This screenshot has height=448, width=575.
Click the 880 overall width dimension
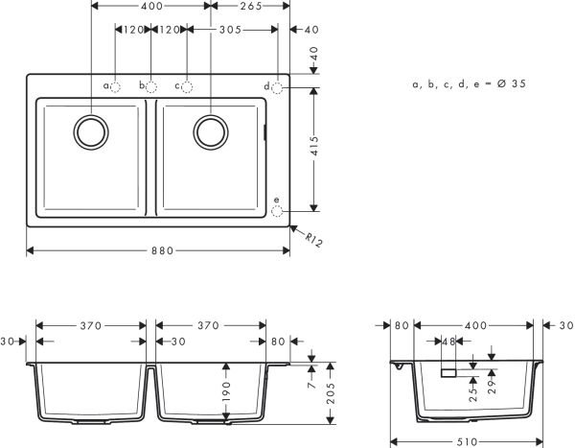162,251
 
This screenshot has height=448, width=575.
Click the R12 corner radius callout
311,238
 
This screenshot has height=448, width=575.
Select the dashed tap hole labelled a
116,86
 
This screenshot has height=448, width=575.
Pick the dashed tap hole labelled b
151,86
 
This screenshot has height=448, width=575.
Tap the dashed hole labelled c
187,86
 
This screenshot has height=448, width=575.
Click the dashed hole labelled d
277,87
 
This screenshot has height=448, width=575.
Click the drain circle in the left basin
92,131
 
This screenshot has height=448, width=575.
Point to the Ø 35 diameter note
469,84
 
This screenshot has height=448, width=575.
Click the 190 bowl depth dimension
225,391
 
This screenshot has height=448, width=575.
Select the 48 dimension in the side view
447,342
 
